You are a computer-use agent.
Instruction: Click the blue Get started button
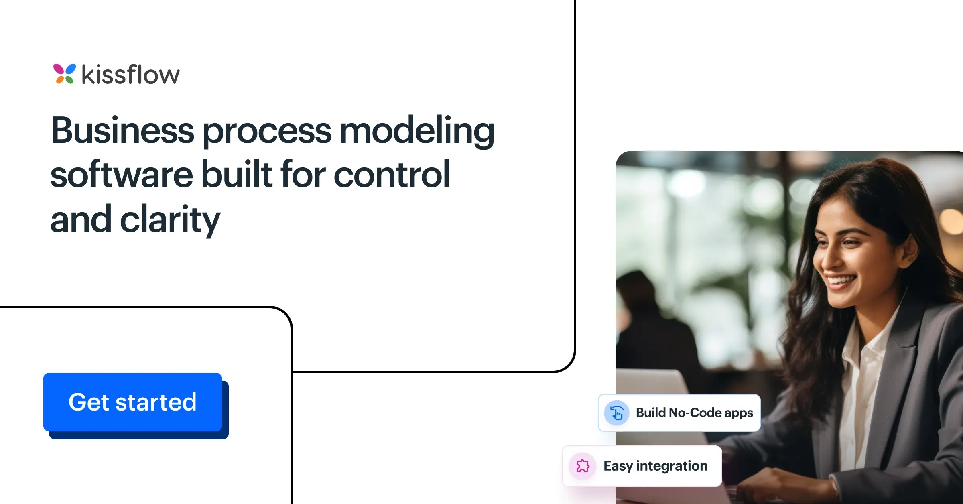133,402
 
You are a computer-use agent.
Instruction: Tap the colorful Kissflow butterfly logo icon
64,74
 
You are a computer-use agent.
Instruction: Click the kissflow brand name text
131,75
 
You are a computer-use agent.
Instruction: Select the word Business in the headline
123,131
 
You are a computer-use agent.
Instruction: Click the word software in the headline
122,175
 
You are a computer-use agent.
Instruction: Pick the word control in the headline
392,175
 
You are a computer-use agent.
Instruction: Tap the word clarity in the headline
170,220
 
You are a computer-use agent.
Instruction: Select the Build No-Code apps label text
694,413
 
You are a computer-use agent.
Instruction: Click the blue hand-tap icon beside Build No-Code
617,413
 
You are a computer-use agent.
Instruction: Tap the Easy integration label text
656,466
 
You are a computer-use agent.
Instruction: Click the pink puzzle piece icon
583,466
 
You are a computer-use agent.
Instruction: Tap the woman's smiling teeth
841,279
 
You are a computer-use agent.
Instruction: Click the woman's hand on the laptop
786,486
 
